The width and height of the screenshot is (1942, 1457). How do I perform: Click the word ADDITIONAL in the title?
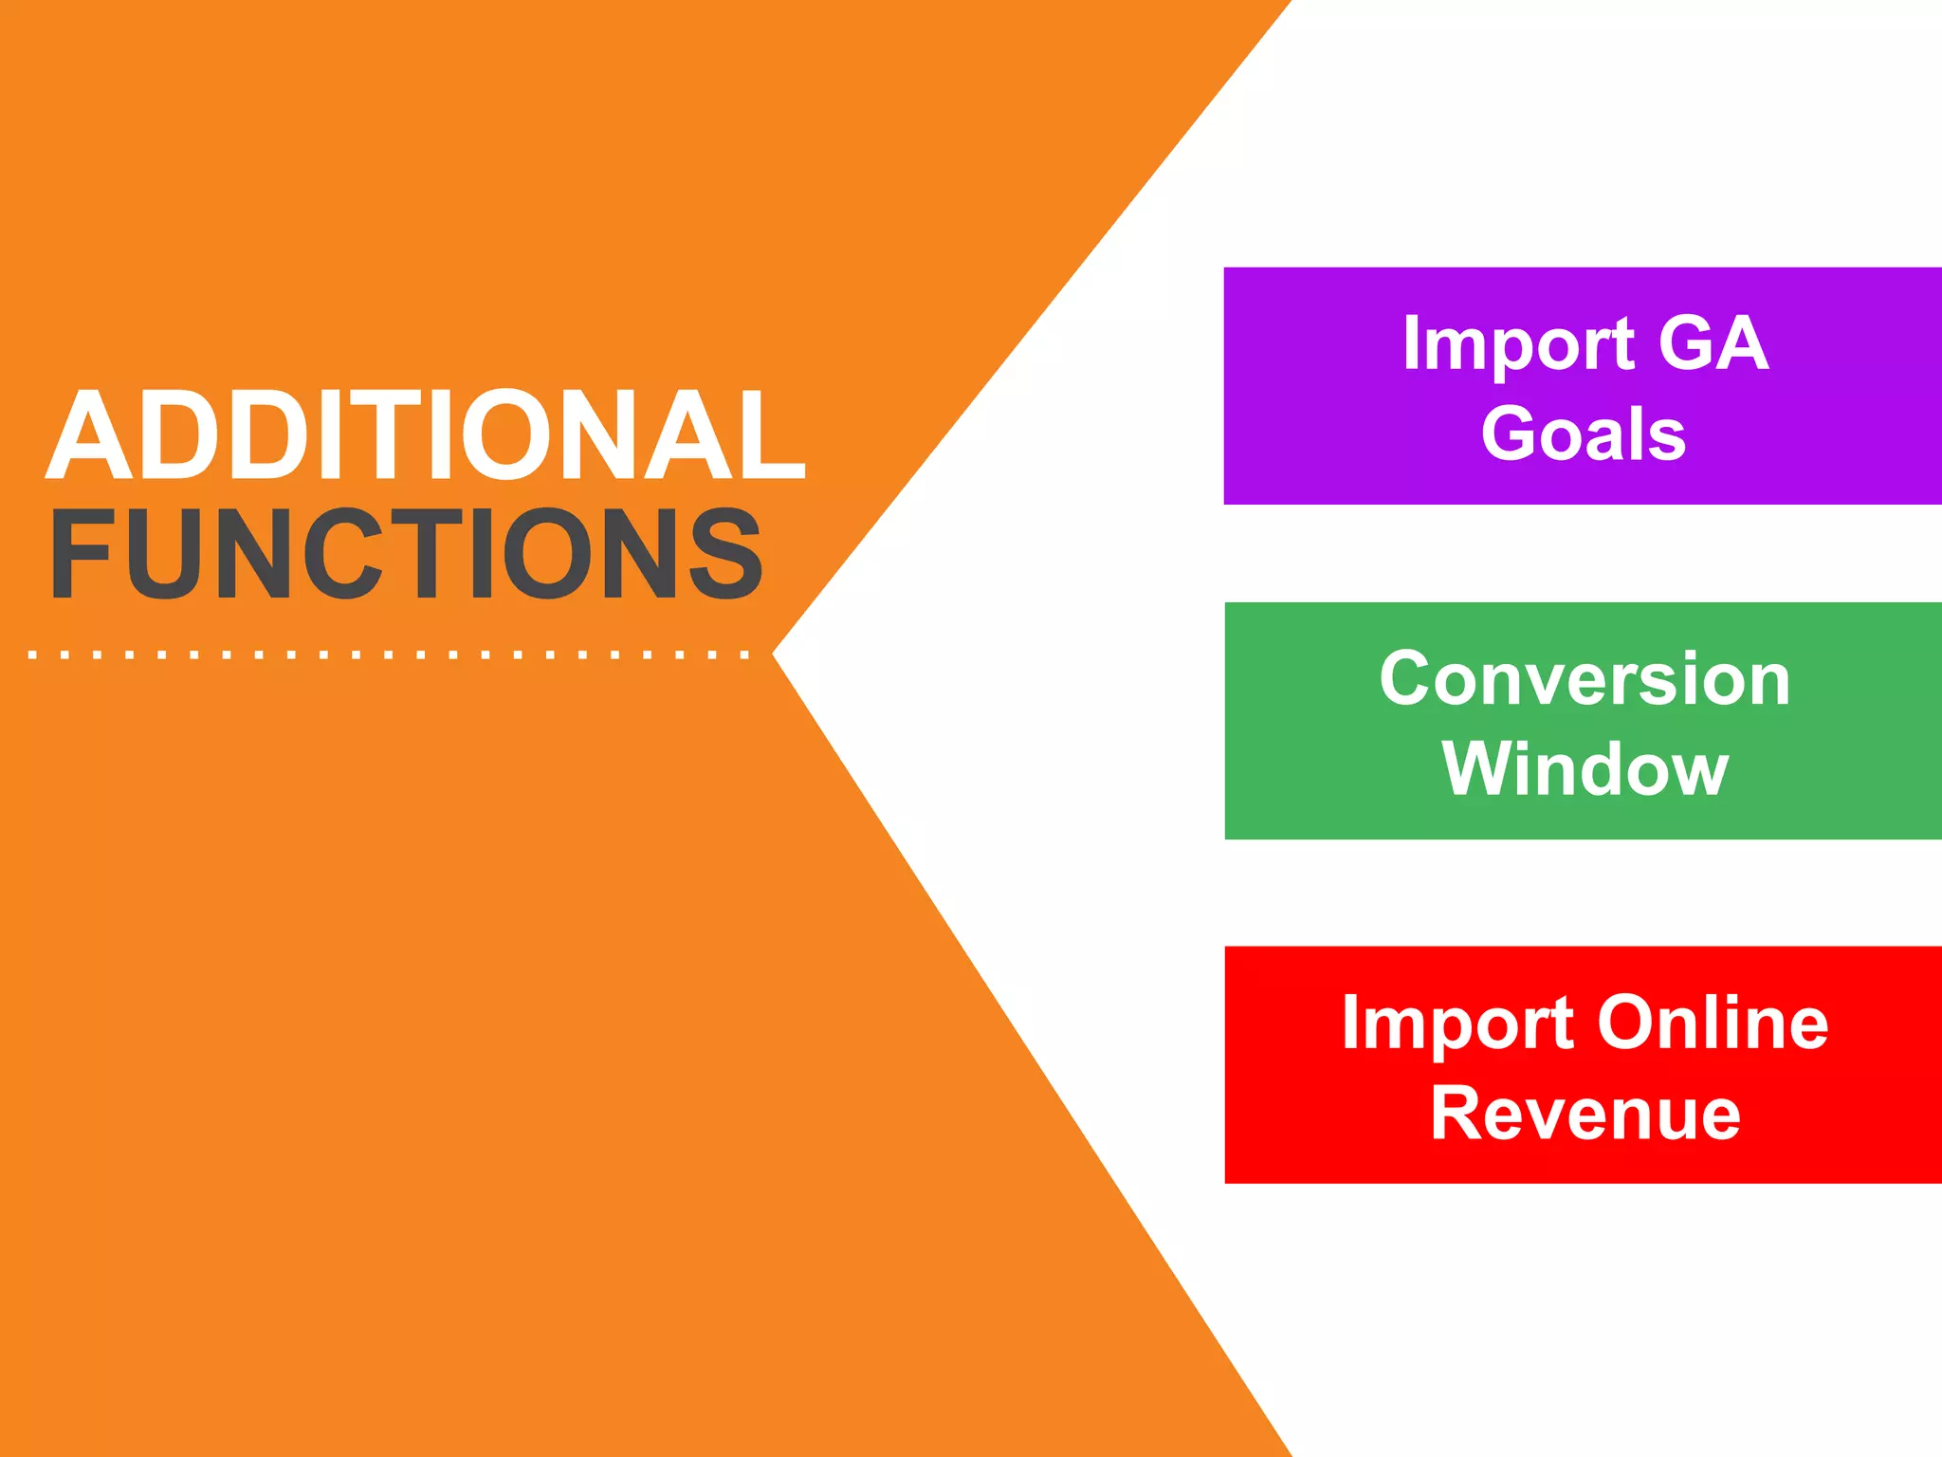click(x=426, y=435)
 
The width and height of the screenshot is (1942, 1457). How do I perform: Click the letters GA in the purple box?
click(x=1713, y=342)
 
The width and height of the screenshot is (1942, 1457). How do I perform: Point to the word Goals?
click(x=1584, y=434)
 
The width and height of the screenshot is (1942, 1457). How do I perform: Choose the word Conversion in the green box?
click(x=1585, y=679)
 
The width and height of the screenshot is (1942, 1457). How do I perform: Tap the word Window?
click(x=1585, y=769)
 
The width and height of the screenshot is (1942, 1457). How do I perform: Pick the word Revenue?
click(x=1585, y=1114)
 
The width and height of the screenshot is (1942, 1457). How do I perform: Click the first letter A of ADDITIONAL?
click(x=90, y=435)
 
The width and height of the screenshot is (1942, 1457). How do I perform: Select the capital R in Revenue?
click(x=1456, y=1114)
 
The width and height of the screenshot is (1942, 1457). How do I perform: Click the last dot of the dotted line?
click(x=745, y=655)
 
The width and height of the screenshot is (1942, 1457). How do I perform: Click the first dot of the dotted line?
click(x=33, y=655)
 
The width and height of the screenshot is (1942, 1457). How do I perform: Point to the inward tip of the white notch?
click(x=775, y=654)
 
